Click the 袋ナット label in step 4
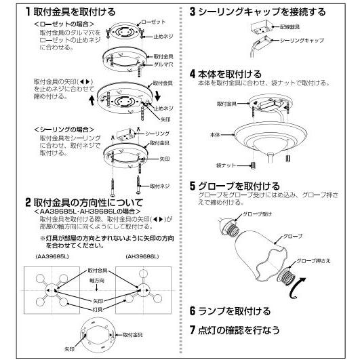click(226, 165)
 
